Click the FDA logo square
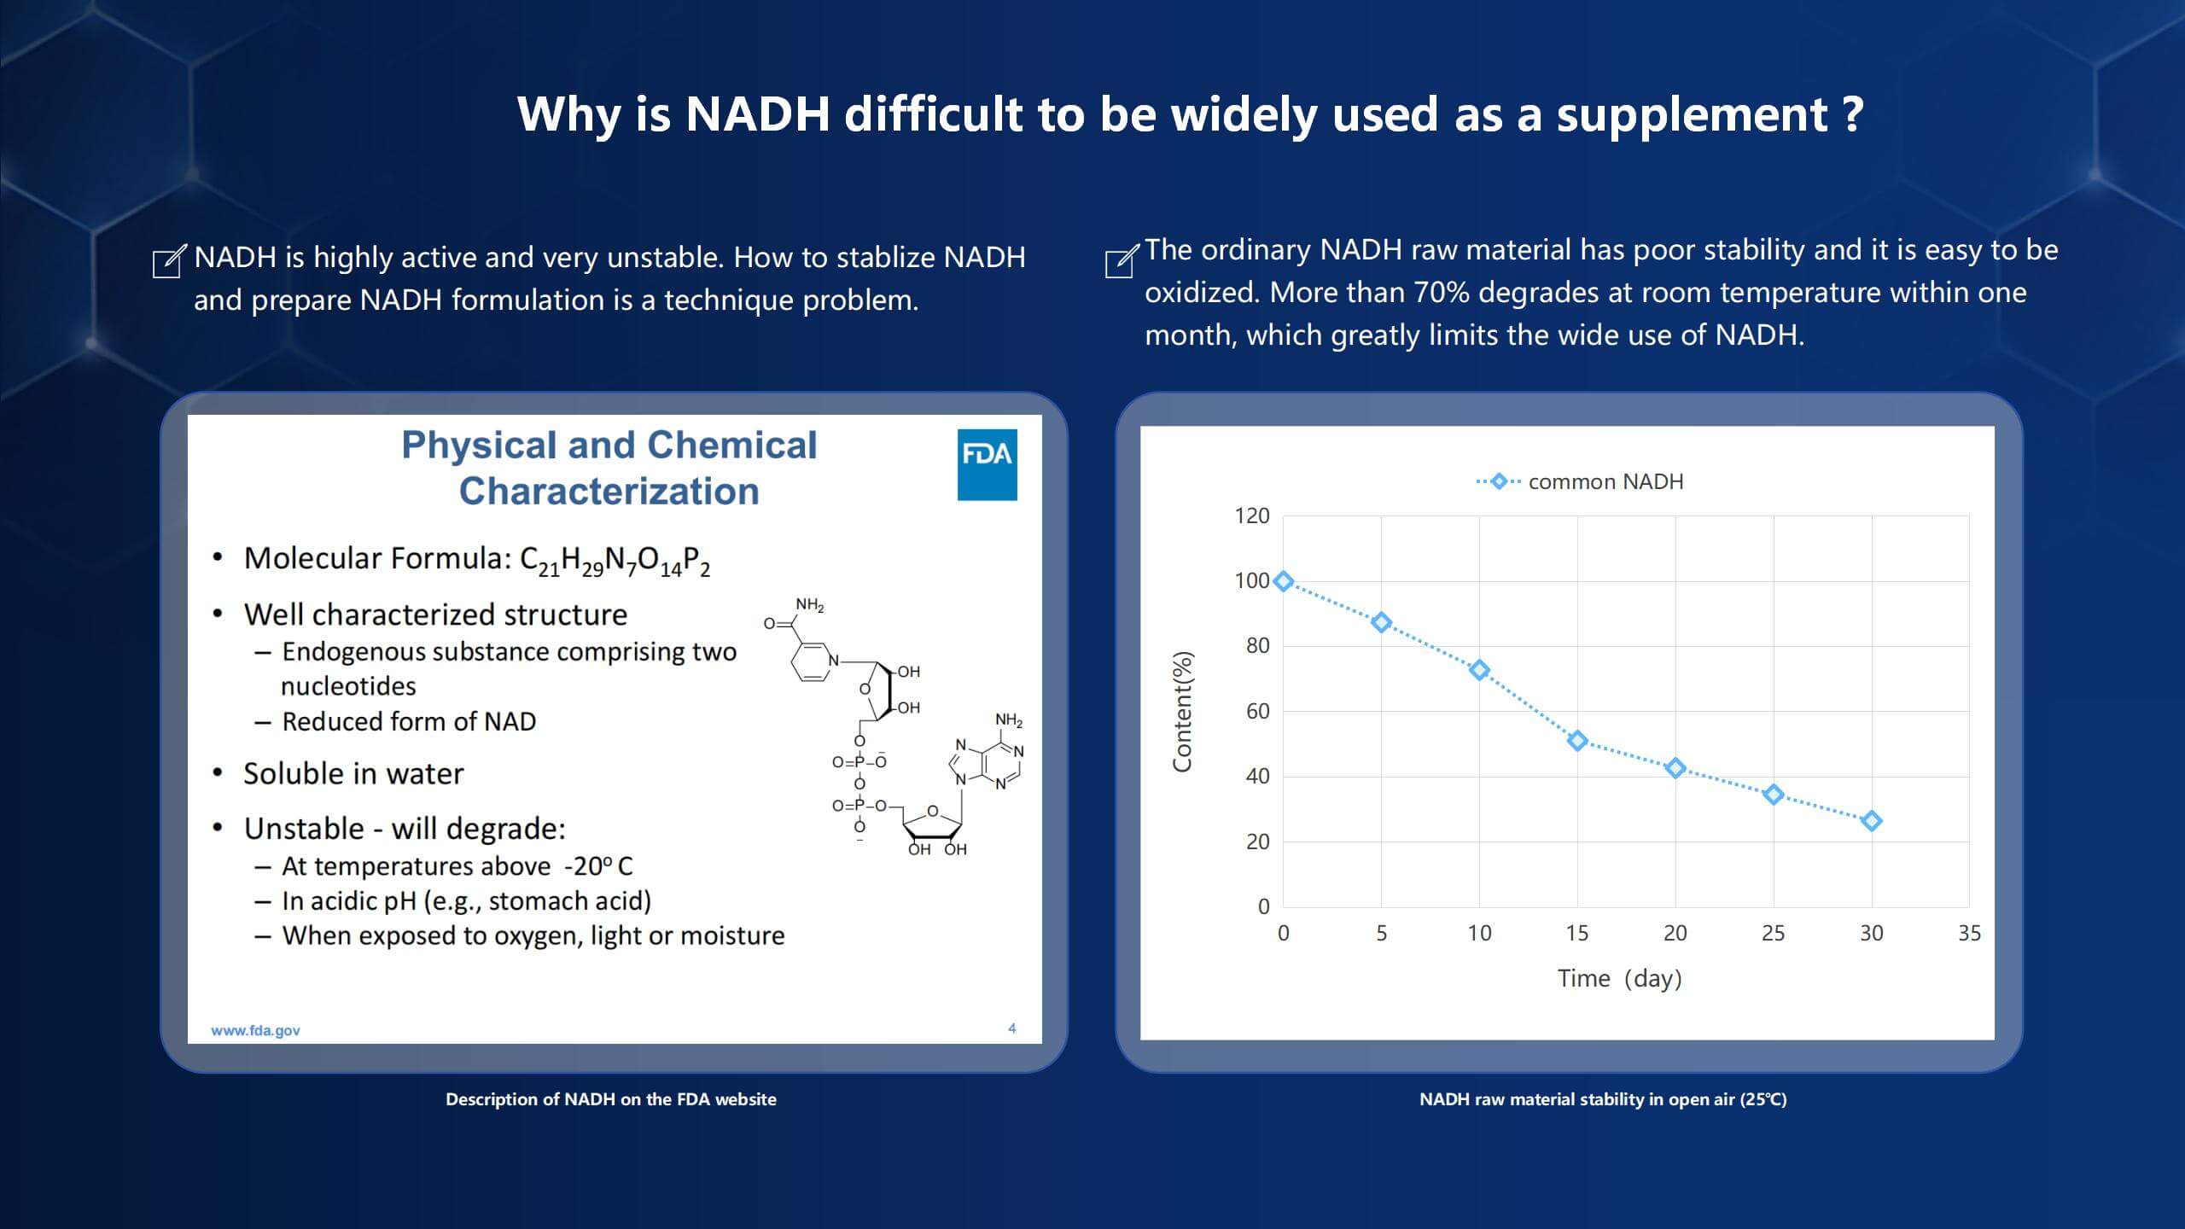pos(987,464)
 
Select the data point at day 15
pos(1577,741)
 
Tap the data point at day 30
pos(1872,821)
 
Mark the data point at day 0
pos(1283,581)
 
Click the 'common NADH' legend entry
pos(1580,481)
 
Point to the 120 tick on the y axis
pos(1252,515)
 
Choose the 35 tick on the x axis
pos(1969,933)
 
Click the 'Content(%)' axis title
pos(1182,712)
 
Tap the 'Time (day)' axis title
pos(1620,978)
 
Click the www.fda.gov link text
pos(255,1030)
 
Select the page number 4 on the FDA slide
pos(1012,1028)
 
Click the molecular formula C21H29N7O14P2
pos(615,561)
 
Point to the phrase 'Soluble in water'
pos(353,773)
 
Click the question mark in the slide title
pos(1853,114)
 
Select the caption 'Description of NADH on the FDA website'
pos(611,1099)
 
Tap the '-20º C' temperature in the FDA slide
pos(598,866)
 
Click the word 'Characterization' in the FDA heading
pos(609,492)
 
